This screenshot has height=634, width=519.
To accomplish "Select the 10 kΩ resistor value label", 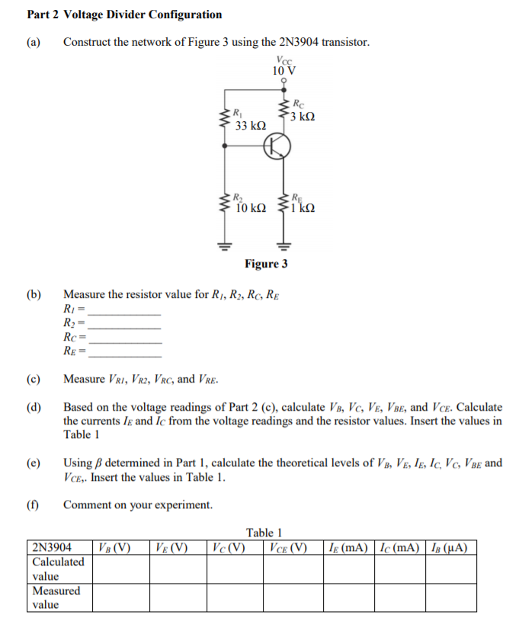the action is coord(251,207).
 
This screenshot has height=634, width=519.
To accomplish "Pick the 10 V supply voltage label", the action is coord(284,71).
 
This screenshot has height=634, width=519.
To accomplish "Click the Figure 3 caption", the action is coord(266,264).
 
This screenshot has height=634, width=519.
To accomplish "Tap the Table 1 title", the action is coord(264,533).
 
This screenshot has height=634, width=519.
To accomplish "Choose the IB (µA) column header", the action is coord(448,547).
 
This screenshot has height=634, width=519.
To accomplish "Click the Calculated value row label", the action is coord(59,568).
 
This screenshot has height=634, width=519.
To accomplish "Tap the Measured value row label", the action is coord(56,597).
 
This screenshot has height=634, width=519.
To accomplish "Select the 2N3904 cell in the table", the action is coord(53,547).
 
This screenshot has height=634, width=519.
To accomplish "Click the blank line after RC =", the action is coord(125,341).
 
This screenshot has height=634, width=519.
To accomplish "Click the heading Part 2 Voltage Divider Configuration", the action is coord(125,14).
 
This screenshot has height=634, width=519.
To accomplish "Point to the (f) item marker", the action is coord(34,504).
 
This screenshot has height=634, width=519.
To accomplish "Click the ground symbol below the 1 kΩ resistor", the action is coord(284,245).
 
